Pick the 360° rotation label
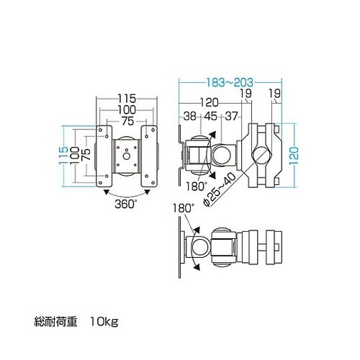[x=127, y=204]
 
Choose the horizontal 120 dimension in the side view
[x=210, y=102]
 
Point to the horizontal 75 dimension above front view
[x=127, y=120]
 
